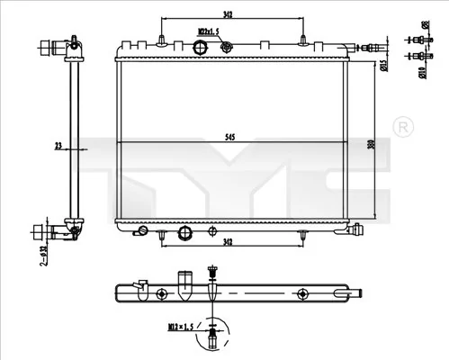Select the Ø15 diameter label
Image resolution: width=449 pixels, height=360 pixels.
[384, 64]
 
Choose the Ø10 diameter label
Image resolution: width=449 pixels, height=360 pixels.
[423, 64]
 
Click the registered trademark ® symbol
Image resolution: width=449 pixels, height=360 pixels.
[404, 123]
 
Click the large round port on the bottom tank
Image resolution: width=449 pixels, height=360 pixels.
[186, 233]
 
